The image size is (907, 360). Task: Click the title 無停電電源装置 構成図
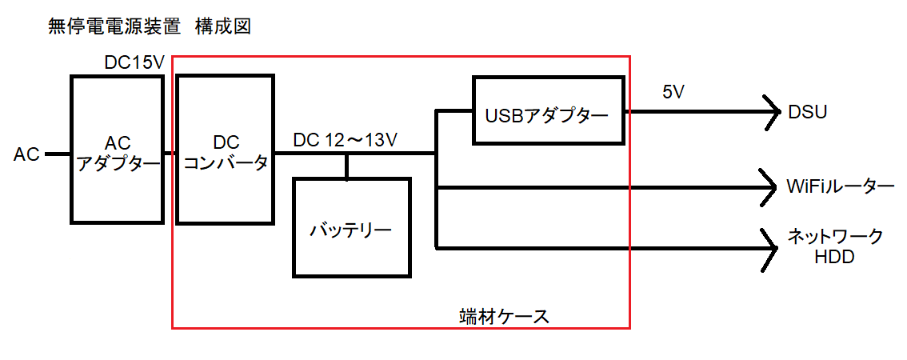(150, 27)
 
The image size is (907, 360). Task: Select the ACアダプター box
(118, 149)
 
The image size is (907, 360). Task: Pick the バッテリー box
(352, 228)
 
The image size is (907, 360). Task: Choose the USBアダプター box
(547, 110)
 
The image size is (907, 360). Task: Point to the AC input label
(26, 154)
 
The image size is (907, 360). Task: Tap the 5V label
(673, 92)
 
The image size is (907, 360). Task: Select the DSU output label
(807, 111)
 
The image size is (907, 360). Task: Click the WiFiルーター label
(840, 187)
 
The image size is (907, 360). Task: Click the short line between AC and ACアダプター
(57, 153)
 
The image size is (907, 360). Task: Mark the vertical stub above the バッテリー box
(346, 166)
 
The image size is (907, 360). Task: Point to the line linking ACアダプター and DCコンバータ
(170, 153)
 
